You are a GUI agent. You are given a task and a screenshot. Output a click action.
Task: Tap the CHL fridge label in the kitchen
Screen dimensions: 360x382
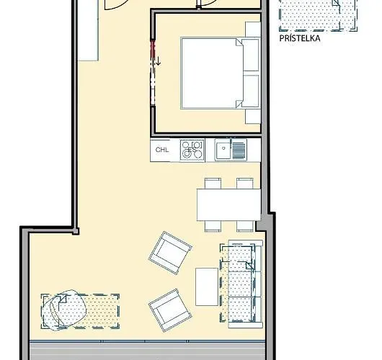[161, 150]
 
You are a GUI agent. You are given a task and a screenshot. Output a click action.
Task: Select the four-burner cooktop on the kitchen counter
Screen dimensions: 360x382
[192, 150]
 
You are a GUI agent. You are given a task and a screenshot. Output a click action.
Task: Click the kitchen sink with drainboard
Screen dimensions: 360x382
[231, 150]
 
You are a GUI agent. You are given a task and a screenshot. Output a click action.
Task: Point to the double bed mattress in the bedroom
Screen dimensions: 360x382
[209, 72]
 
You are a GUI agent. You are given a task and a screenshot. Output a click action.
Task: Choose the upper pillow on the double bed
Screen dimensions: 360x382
[250, 55]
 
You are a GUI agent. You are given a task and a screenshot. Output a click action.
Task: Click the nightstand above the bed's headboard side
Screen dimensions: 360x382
[252, 30]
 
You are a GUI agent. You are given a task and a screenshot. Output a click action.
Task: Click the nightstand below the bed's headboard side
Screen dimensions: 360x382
[252, 115]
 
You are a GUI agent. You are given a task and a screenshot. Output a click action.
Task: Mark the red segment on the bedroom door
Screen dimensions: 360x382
[152, 50]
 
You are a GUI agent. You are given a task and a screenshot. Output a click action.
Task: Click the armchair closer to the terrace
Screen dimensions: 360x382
[169, 308]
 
